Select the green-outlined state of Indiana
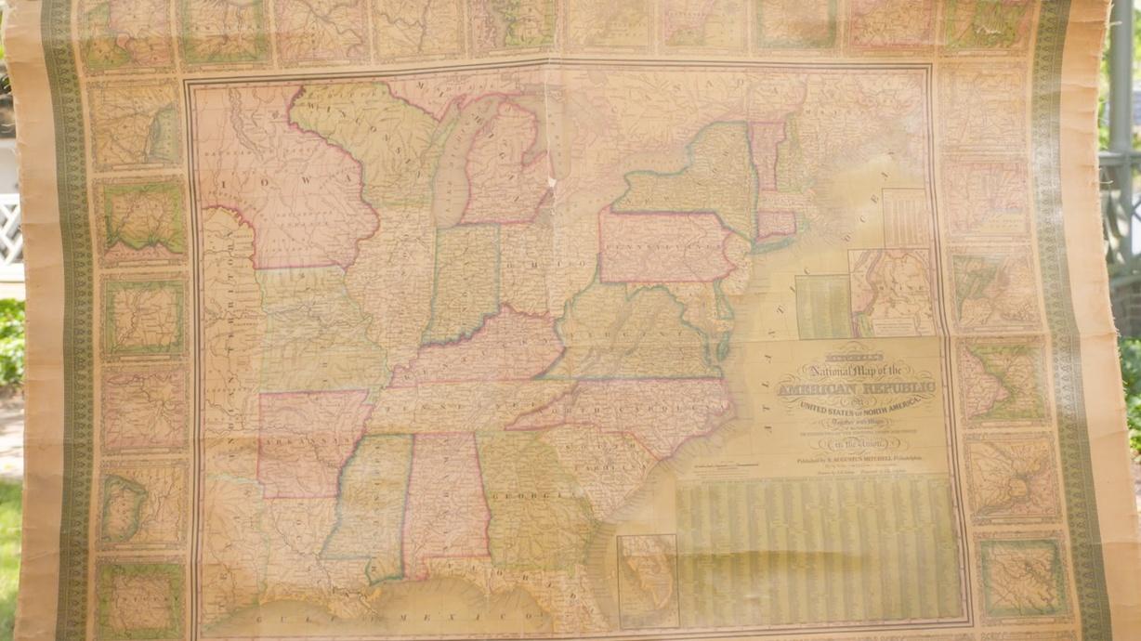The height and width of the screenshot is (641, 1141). coord(461,279)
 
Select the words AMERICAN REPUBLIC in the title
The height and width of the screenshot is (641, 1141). coord(856,386)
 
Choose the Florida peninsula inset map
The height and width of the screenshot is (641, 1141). coord(648,581)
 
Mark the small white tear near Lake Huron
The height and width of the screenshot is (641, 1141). coord(551,181)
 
